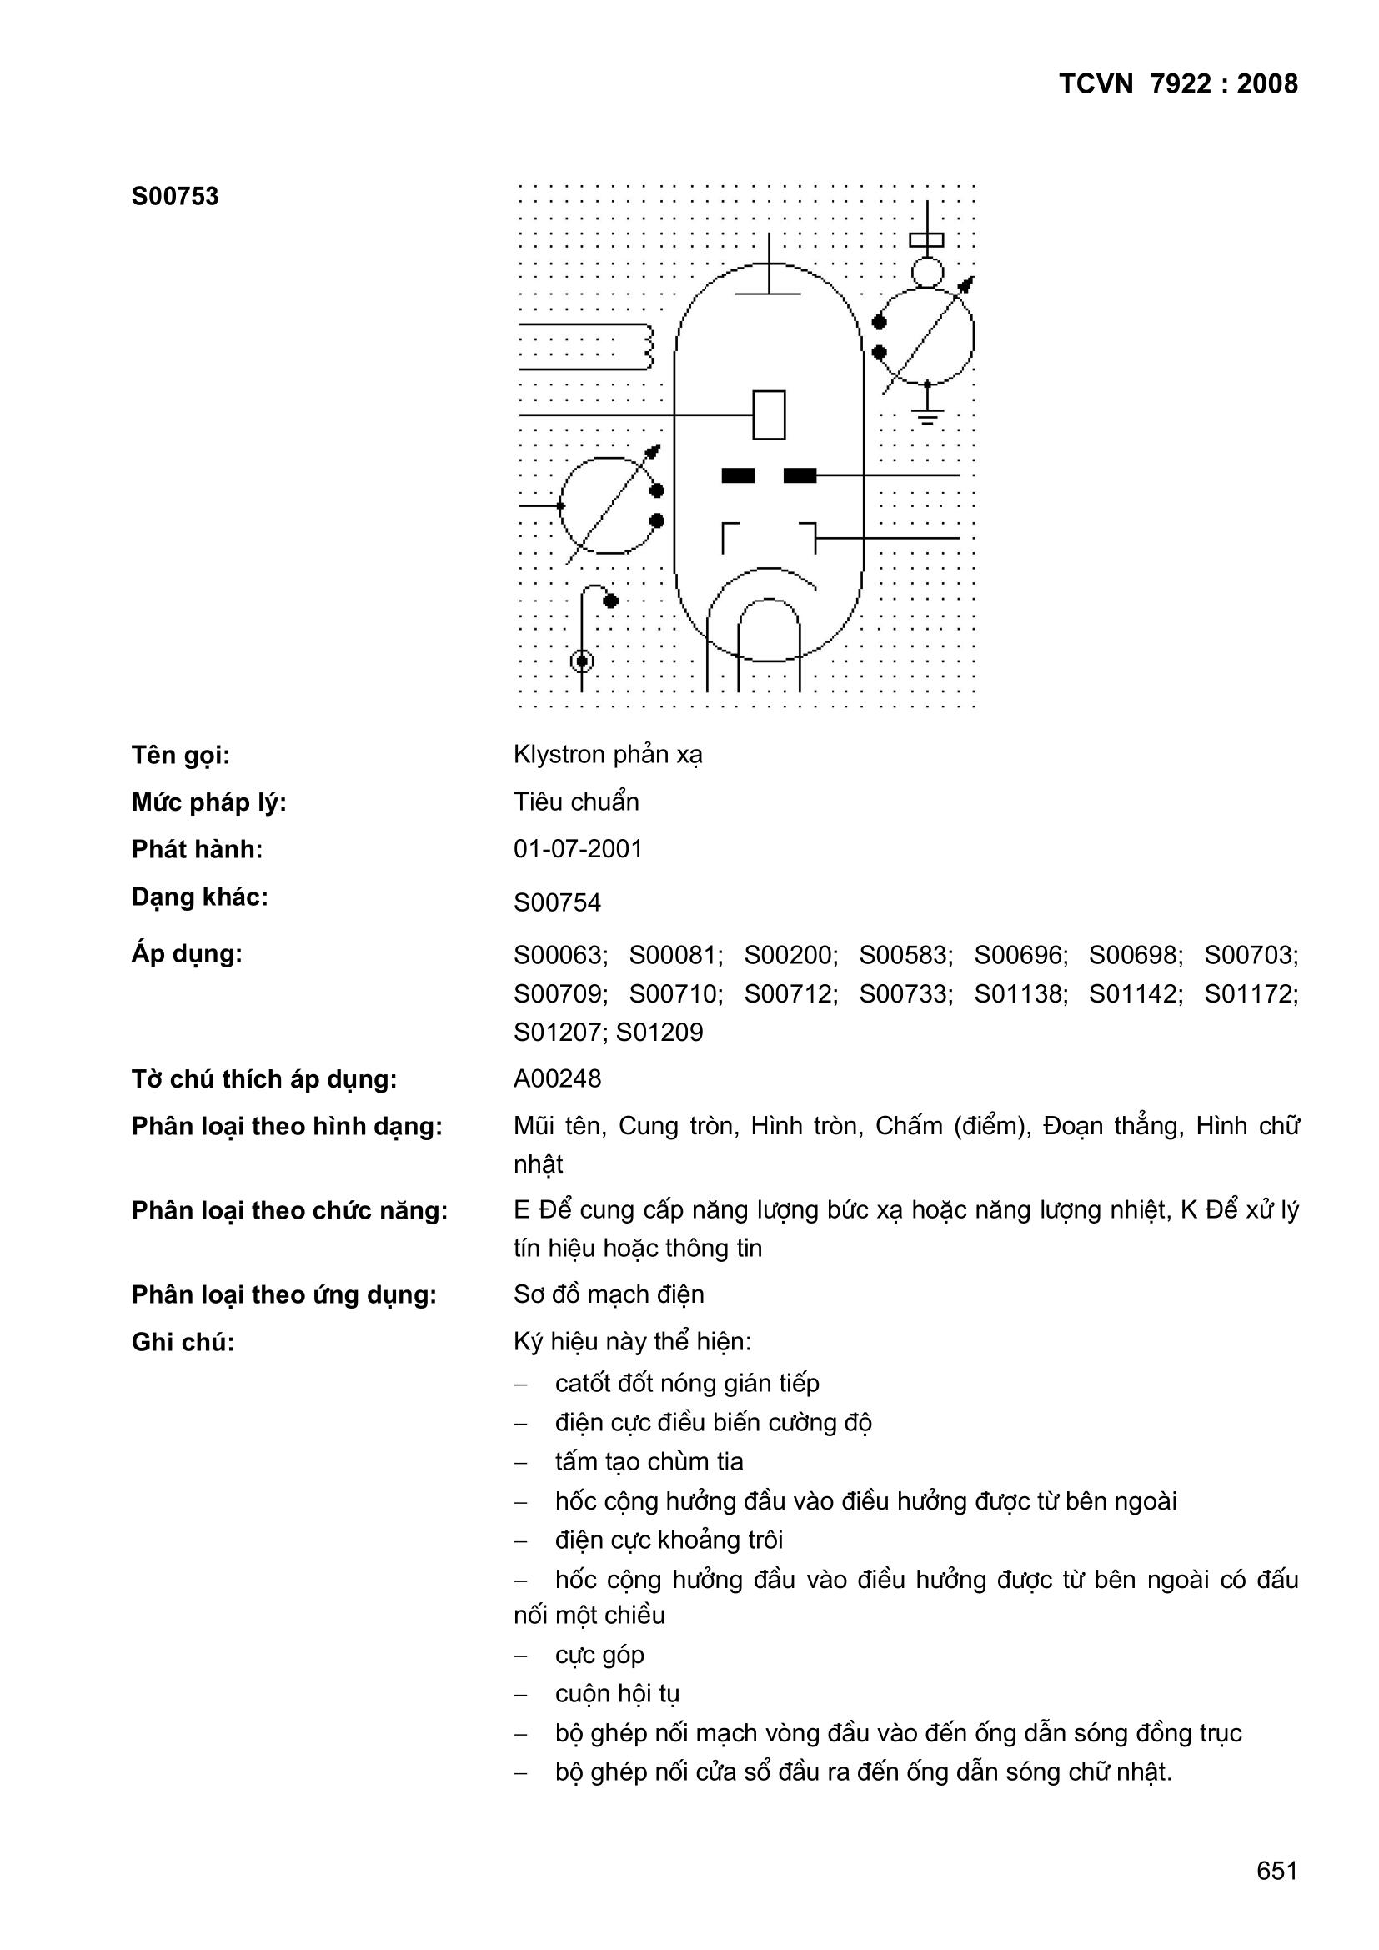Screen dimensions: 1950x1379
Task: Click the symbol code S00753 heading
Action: pyautogui.click(x=175, y=196)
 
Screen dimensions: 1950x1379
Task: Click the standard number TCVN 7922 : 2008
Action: pyautogui.click(x=1178, y=83)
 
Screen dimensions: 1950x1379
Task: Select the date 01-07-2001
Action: pyautogui.click(x=578, y=848)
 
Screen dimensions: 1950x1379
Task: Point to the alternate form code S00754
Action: pyautogui.click(x=556, y=902)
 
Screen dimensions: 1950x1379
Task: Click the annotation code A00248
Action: pyautogui.click(x=556, y=1078)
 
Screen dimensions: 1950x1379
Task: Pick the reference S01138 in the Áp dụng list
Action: pyautogui.click(x=1020, y=993)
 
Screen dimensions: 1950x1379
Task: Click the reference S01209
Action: pyautogui.click(x=659, y=1032)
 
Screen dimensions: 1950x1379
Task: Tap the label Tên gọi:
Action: pyautogui.click(x=180, y=755)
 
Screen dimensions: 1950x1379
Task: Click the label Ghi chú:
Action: pyautogui.click(x=183, y=1342)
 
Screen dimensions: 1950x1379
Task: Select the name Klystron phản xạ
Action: pyautogui.click(x=607, y=754)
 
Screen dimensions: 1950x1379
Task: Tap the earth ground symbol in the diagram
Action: pyautogui.click(x=927, y=416)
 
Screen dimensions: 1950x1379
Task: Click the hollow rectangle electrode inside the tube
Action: pyautogui.click(x=769, y=415)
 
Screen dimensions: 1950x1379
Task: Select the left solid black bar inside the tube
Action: pyautogui.click(x=737, y=475)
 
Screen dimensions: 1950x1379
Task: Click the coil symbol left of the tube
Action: pyautogui.click(x=647, y=346)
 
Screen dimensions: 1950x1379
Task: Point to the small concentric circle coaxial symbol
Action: pyautogui.click(x=582, y=661)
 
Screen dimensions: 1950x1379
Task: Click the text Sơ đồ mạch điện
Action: pyautogui.click(x=608, y=1294)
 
